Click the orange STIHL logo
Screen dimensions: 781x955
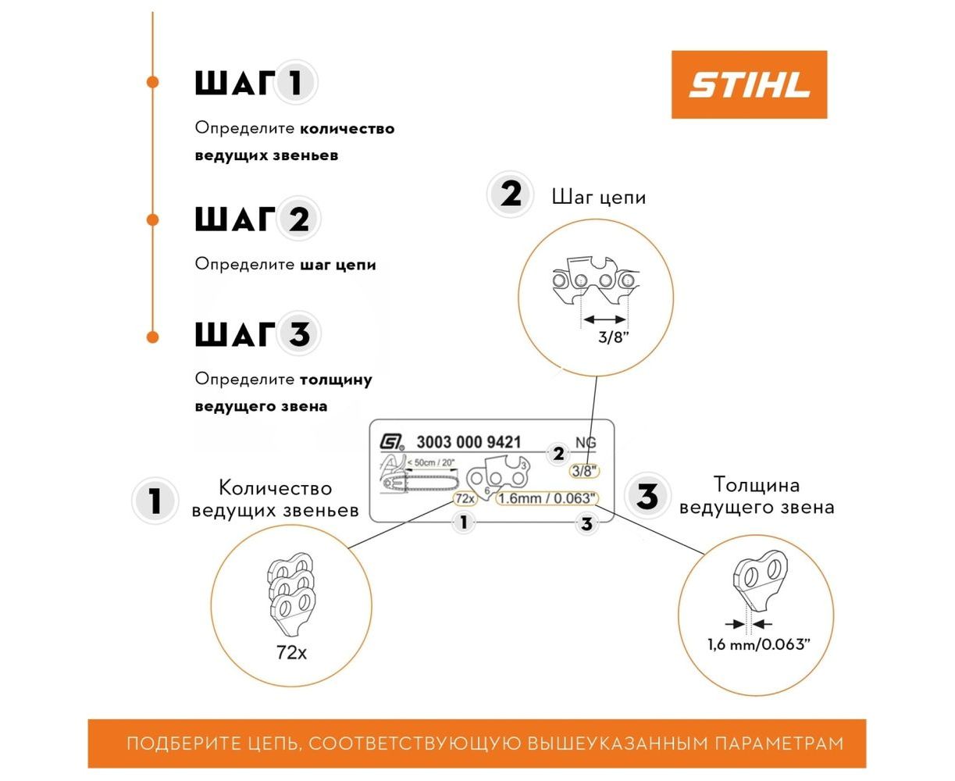click(x=748, y=84)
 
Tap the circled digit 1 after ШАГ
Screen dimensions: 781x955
click(x=295, y=83)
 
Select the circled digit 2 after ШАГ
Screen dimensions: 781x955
click(x=298, y=219)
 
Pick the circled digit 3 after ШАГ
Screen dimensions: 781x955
click(x=298, y=334)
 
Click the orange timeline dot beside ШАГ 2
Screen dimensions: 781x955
click(x=152, y=219)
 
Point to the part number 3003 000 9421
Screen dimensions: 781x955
click(x=469, y=442)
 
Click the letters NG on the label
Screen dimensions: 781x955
click(x=586, y=442)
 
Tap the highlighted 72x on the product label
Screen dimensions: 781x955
click(x=465, y=498)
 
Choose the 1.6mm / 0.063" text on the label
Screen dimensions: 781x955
click(x=547, y=498)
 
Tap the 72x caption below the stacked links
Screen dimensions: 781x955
click(x=291, y=652)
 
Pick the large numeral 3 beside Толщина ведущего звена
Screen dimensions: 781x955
click(x=647, y=497)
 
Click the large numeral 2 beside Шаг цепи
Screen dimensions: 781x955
click(x=510, y=194)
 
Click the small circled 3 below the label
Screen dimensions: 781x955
click(x=586, y=524)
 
